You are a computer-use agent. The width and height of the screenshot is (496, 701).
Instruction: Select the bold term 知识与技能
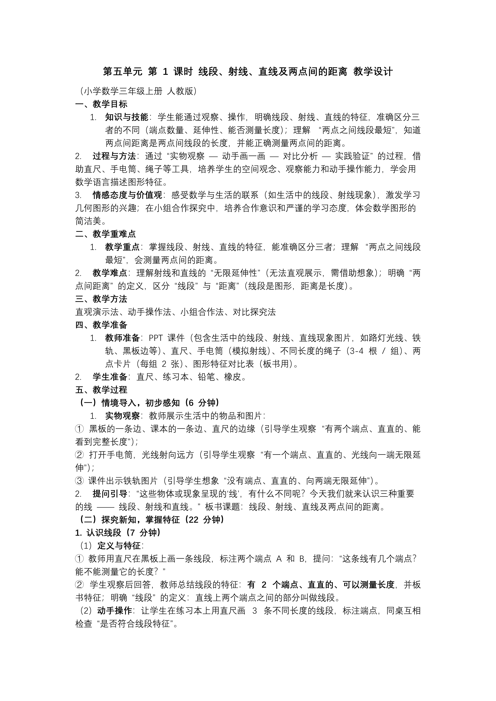126,117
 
